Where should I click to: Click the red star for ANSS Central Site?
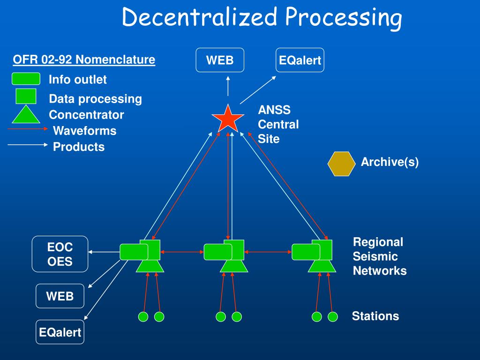[x=228, y=119]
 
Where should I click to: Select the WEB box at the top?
[x=220, y=60]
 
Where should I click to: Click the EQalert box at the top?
[x=300, y=60]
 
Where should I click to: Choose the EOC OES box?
[x=60, y=254]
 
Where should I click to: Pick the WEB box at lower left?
[x=60, y=296]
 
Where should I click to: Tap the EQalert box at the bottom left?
[x=60, y=332]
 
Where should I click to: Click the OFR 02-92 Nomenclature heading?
[x=84, y=60]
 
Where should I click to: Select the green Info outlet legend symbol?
[x=26, y=79]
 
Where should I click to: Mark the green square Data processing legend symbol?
[x=26, y=96]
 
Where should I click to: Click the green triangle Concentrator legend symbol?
[x=26, y=114]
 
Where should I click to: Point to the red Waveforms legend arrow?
[x=28, y=128]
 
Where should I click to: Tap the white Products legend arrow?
[x=28, y=145]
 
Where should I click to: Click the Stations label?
[x=375, y=316]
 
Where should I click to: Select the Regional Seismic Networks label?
[x=379, y=256]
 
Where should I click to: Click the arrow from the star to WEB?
[x=228, y=87]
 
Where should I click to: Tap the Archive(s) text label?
[x=390, y=162]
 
